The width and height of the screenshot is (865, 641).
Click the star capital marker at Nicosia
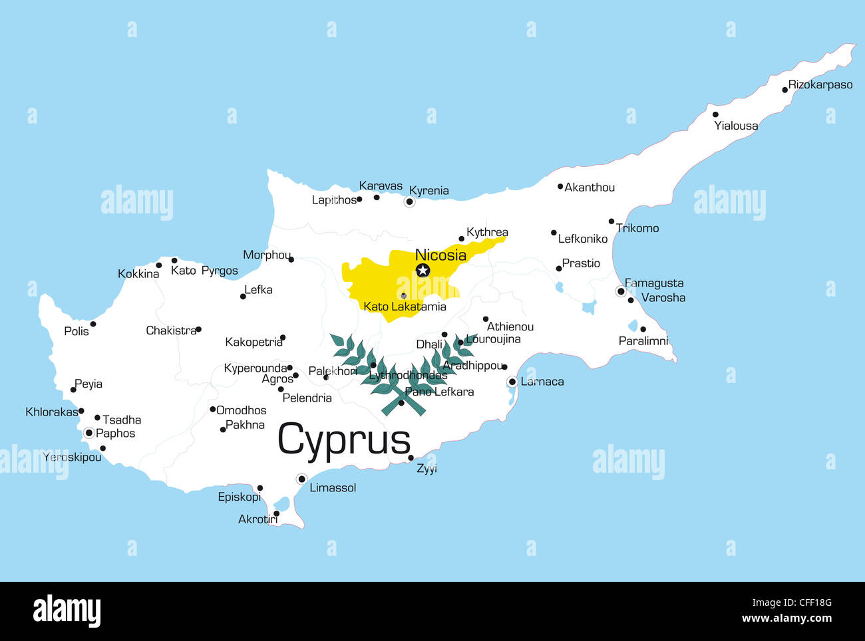tap(423, 271)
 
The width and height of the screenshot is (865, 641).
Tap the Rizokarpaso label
tap(820, 85)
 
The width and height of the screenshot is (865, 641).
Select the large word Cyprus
tap(344, 440)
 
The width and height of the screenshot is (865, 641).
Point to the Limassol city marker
tap(301, 479)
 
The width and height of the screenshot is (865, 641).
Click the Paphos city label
tap(115, 434)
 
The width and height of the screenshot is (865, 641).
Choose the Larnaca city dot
tap(512, 382)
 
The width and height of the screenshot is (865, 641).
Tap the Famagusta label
tap(654, 283)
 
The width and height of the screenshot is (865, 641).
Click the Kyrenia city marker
tap(410, 201)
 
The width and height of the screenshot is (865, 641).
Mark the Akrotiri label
tap(258, 519)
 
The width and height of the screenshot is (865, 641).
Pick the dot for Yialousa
tap(715, 114)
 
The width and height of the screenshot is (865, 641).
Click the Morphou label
tap(266, 255)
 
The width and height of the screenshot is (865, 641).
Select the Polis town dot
tap(93, 324)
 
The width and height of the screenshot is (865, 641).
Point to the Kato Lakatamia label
tap(405, 307)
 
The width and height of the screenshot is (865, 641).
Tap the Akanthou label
tap(590, 188)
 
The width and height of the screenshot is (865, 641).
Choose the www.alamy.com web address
tap(786, 618)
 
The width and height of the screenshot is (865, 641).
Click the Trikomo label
tap(637, 228)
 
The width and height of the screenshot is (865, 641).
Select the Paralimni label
tap(643, 341)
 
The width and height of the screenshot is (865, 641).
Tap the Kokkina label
tap(138, 274)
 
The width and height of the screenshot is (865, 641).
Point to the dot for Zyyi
tap(411, 457)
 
